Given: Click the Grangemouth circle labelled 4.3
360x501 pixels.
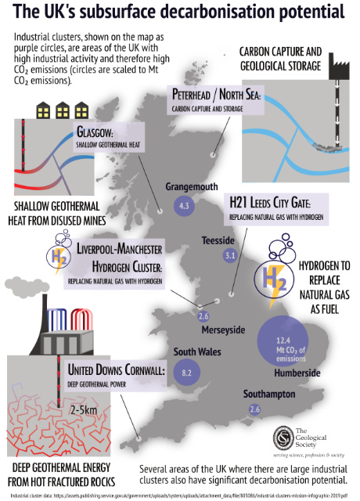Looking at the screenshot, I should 185,207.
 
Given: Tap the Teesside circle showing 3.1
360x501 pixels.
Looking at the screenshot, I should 230,255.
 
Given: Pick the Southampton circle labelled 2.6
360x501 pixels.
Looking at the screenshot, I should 254,409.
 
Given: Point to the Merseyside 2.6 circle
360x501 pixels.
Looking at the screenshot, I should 203,316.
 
